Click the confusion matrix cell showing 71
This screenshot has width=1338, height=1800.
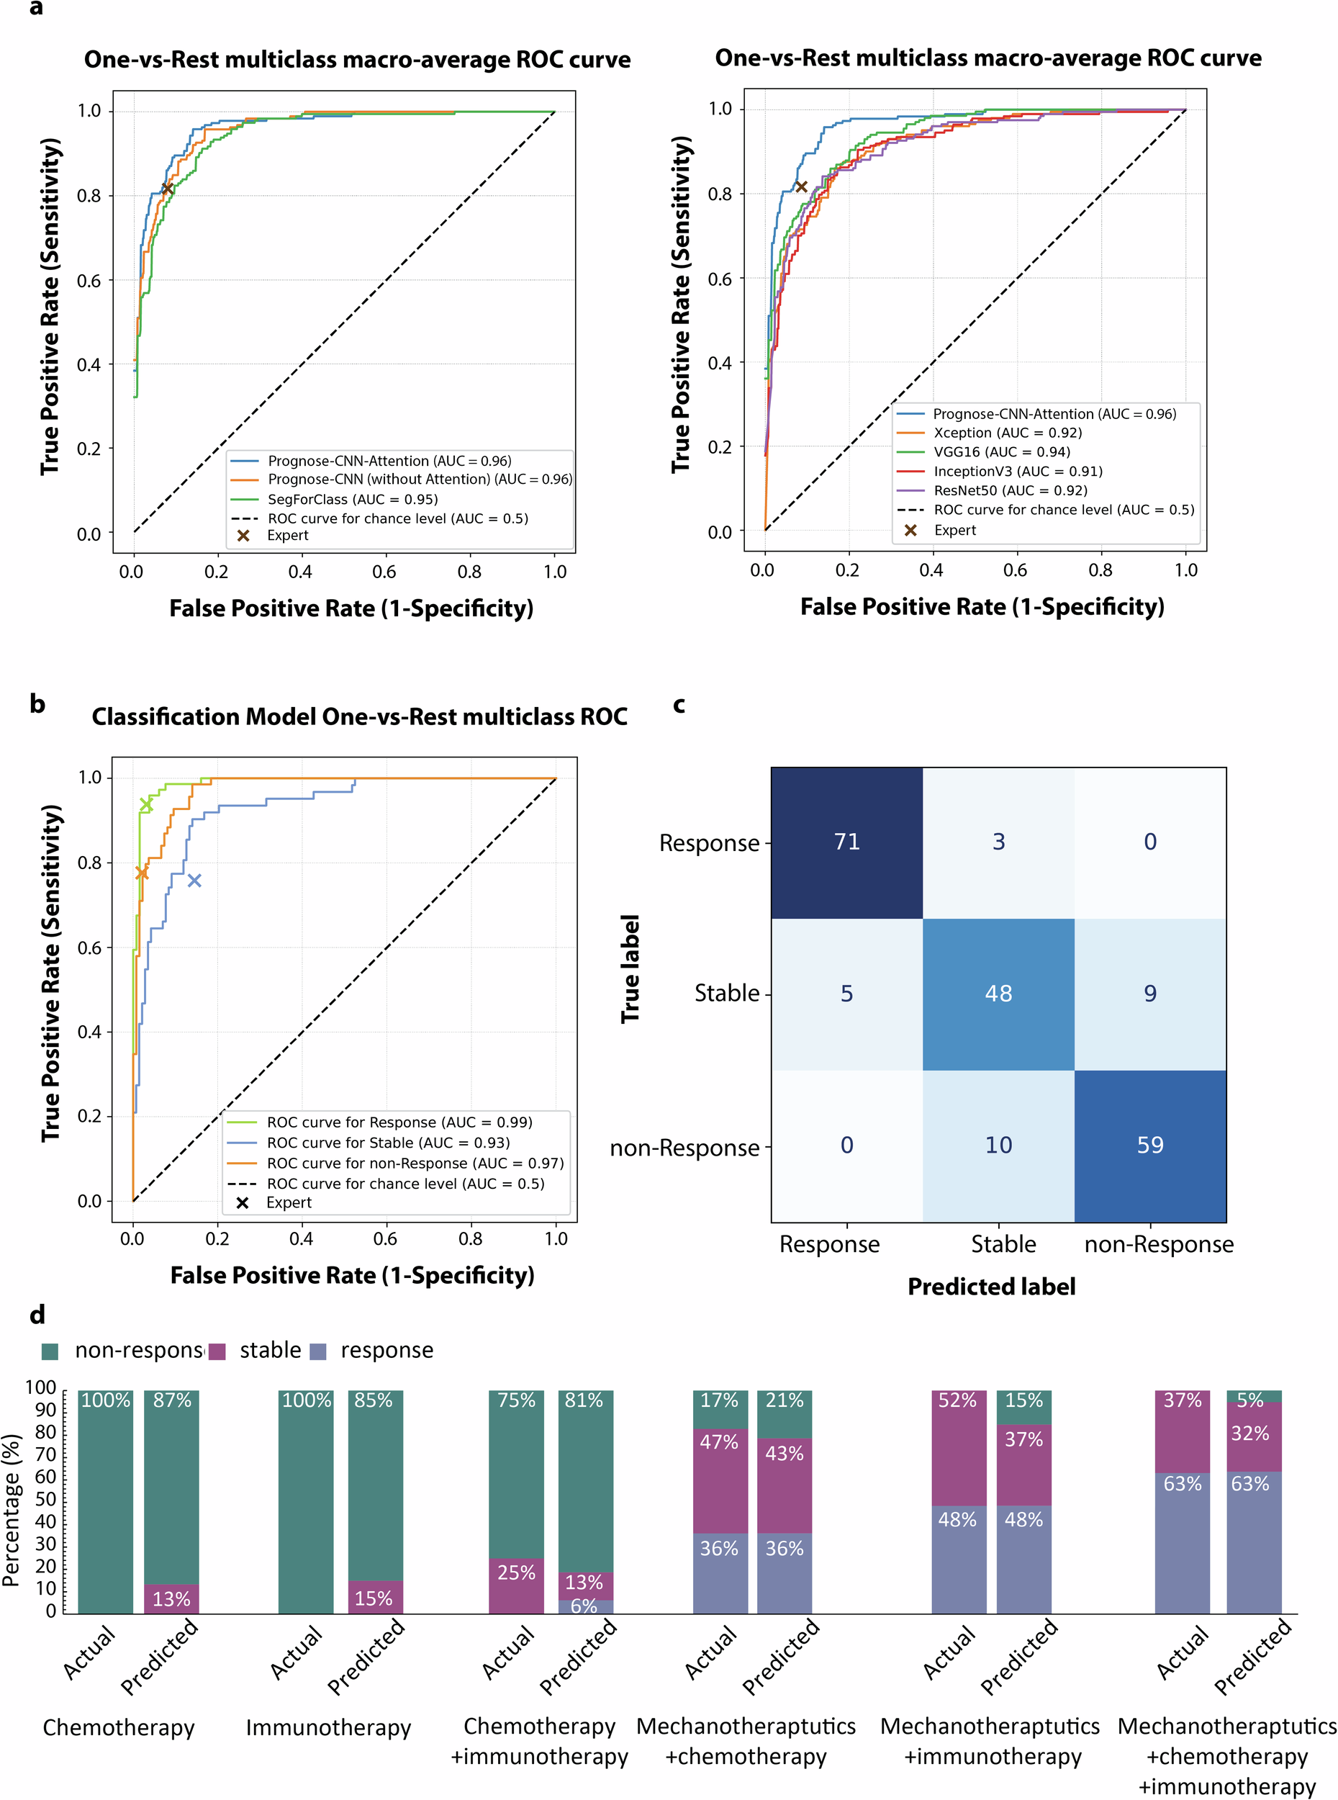[846, 842]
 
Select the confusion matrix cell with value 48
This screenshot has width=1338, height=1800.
[998, 993]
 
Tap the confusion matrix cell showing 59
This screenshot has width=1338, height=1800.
[1149, 1145]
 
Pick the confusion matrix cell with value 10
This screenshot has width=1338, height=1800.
[998, 1145]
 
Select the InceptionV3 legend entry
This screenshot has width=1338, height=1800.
[1017, 472]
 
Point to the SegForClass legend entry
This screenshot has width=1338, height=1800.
[353, 499]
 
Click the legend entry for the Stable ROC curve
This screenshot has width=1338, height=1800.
[388, 1142]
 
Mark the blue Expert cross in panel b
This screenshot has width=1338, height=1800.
[194, 881]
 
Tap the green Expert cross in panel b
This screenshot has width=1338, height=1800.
[147, 804]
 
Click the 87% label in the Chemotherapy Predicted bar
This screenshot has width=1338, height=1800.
[172, 1400]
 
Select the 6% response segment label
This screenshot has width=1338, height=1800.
[584, 1606]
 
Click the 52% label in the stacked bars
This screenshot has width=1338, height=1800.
[957, 1400]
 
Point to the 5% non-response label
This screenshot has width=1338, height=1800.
[1249, 1400]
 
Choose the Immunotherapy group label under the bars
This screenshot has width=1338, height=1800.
[328, 1728]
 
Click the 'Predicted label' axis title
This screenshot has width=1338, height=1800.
[991, 1287]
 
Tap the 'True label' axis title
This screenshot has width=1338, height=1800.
[630, 969]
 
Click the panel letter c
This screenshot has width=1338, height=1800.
[679, 705]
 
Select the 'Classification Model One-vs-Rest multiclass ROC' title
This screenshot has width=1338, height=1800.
[360, 717]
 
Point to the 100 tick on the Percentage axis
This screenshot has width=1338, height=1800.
[40, 1387]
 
